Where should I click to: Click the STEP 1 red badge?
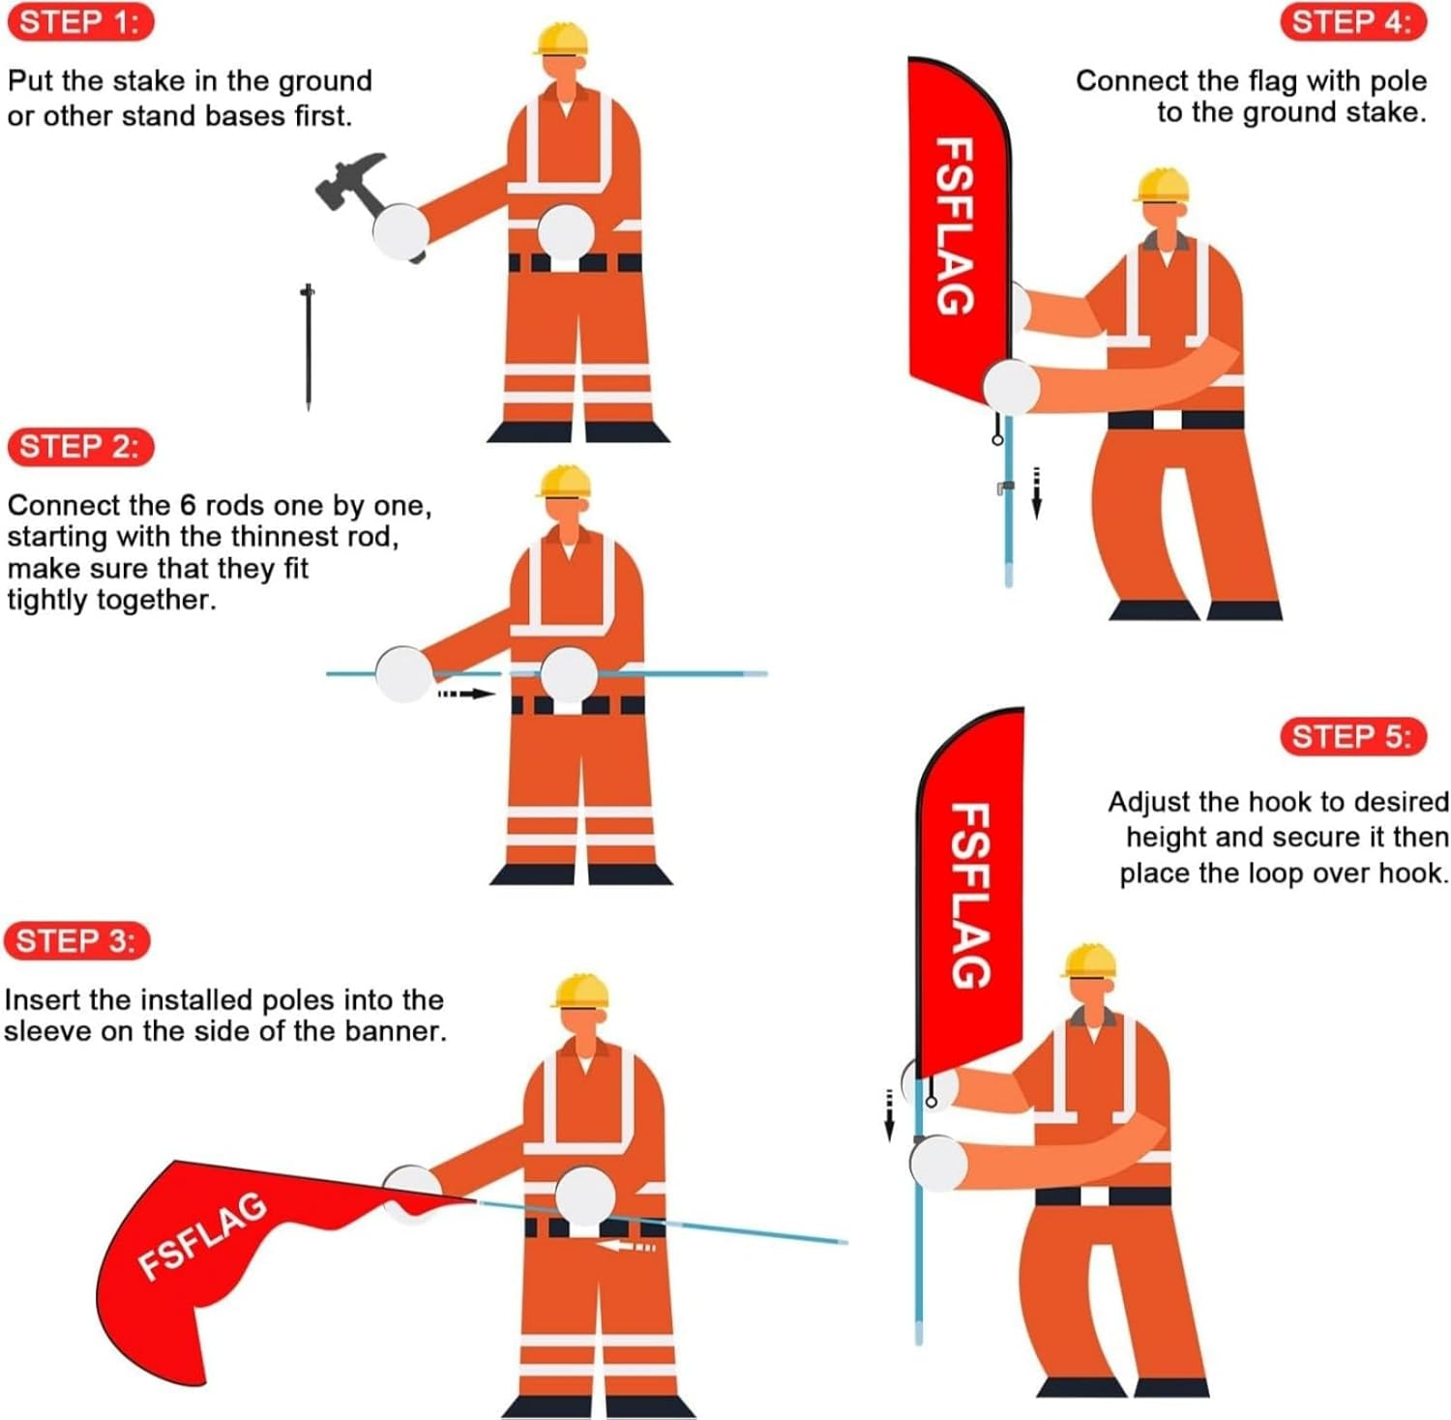coord(80,22)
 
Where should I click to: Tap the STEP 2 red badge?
coord(80,447)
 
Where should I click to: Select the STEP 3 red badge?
coord(77,940)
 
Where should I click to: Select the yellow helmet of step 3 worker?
coord(580,991)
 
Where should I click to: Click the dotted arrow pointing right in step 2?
coord(466,694)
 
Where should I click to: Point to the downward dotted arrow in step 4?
coord(1036,491)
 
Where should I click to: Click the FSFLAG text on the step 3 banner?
coord(202,1236)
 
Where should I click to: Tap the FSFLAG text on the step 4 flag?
coord(954,226)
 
